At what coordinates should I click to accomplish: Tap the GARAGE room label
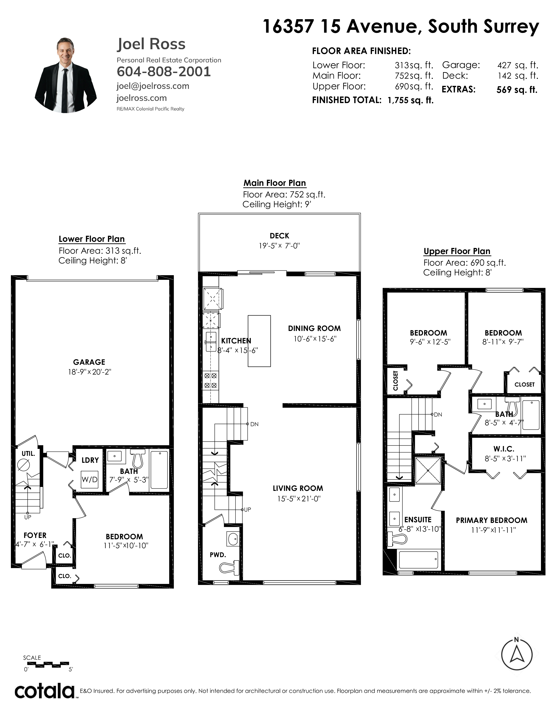tap(89, 362)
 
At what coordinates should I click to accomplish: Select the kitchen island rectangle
tap(259, 341)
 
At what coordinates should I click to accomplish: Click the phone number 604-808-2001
tap(164, 71)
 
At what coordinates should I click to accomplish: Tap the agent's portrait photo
tap(66, 75)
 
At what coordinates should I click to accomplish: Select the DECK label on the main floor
tap(279, 236)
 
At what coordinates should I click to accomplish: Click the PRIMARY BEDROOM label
tap(491, 520)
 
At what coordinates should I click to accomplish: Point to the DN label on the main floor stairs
tap(254, 424)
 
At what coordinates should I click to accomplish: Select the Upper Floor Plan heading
tap(457, 251)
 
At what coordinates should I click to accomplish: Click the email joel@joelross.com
tap(153, 86)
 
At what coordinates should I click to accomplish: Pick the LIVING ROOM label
tap(298, 488)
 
